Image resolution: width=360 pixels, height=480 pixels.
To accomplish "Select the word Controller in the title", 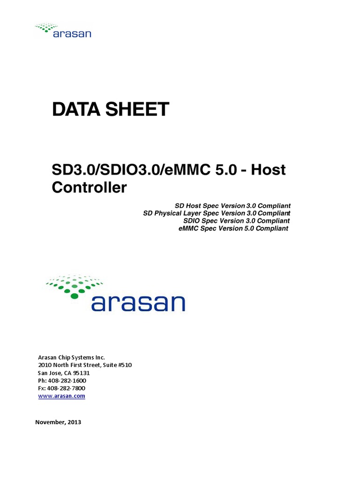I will [x=89, y=187].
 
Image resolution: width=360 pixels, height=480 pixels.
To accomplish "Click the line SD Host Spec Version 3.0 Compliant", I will [x=232, y=206].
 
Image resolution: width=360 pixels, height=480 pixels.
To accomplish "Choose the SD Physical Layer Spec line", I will [x=217, y=213].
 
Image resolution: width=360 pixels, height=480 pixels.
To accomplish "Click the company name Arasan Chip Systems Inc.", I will [x=68, y=357].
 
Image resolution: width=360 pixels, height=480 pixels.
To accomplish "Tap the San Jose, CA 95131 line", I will [x=63, y=373].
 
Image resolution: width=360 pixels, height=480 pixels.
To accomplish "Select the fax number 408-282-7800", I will [x=65, y=388].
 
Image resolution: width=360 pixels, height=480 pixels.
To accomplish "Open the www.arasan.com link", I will [x=61, y=396].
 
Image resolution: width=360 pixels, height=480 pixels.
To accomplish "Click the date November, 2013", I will [x=59, y=422].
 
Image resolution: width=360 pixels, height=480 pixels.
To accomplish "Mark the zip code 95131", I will [x=81, y=373].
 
